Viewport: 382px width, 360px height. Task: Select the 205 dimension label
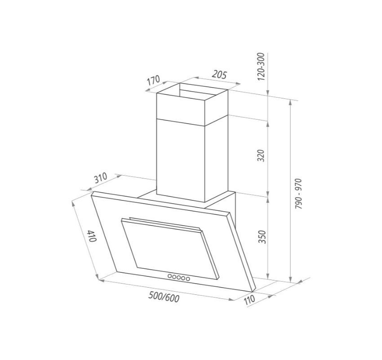pyautogui.click(x=219, y=75)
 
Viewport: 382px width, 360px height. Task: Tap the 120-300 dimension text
pyautogui.click(x=261, y=67)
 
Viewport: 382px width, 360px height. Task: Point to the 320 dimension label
pyautogui.click(x=261, y=156)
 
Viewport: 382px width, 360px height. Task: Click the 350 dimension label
pyautogui.click(x=262, y=236)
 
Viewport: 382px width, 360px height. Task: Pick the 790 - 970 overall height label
pyautogui.click(x=298, y=194)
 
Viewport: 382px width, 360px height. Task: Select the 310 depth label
pyautogui.click(x=101, y=178)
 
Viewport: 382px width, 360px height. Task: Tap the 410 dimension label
pyautogui.click(x=92, y=236)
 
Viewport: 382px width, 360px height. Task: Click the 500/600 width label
pyautogui.click(x=164, y=297)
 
